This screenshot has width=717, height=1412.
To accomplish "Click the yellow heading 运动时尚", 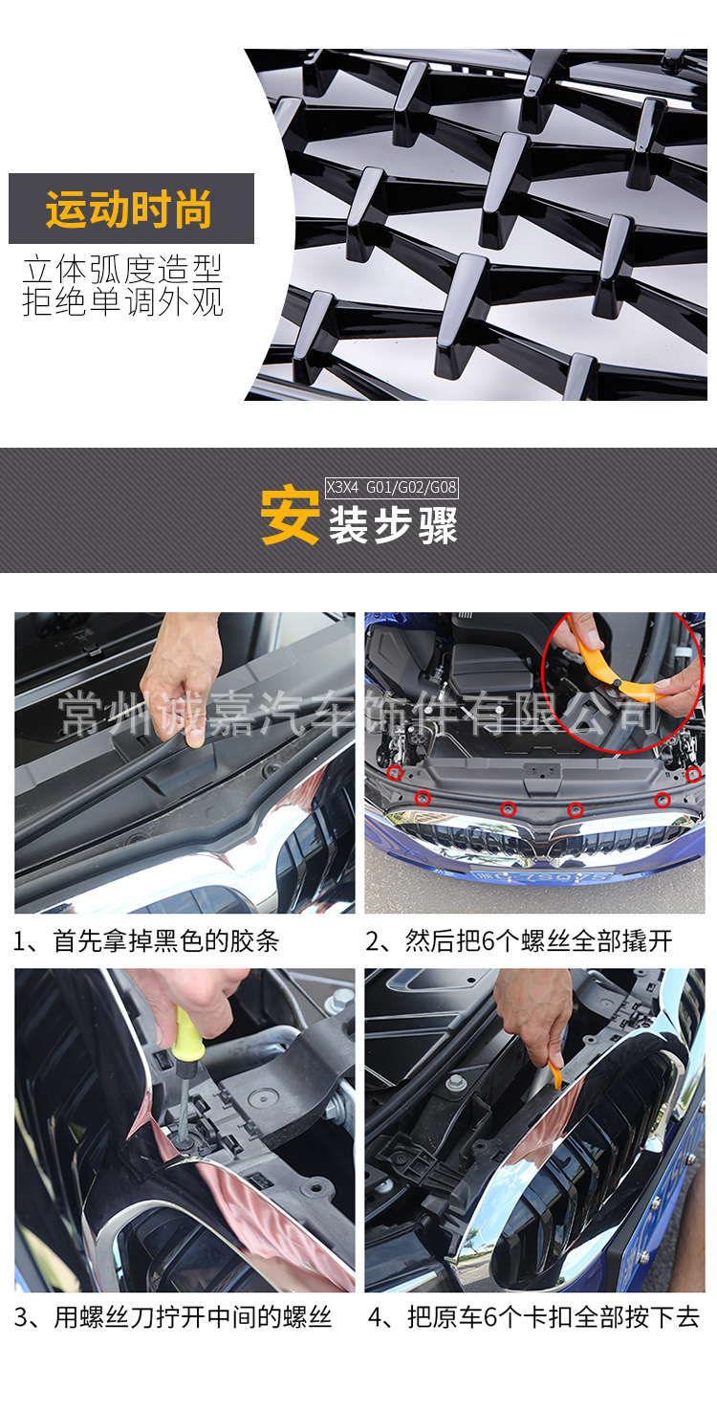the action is (128, 209).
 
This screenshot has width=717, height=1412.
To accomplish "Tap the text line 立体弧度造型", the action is (123, 269).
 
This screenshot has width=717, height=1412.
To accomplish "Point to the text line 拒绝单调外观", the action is (123, 301).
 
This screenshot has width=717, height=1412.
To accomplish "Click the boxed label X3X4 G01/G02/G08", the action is (391, 487).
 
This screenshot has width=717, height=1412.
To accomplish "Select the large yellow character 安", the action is (290, 515).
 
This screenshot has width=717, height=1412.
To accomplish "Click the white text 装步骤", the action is (393, 525).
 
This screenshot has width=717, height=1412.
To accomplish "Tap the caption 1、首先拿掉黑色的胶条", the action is (146, 941).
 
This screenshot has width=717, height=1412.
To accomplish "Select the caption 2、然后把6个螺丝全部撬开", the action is (519, 941).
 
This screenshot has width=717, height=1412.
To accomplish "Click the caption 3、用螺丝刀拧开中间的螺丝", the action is (173, 1317).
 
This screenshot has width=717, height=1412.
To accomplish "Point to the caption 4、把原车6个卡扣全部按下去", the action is (533, 1317).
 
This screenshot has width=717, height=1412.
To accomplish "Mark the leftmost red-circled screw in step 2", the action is (395, 772).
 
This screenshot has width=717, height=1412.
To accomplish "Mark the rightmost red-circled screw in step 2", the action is (693, 775).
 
